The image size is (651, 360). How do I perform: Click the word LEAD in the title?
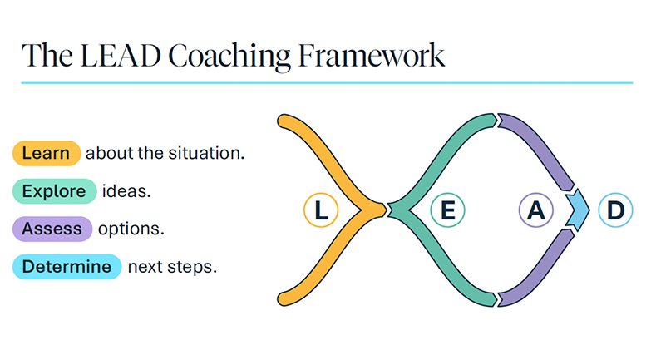[121, 56]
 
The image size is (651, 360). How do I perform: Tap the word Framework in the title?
[372, 56]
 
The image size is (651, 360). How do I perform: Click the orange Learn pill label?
[46, 154]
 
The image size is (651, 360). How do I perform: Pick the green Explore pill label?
[54, 191]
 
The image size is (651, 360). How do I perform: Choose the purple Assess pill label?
[52, 229]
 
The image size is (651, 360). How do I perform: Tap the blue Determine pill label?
[67, 267]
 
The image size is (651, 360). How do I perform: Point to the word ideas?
[126, 191]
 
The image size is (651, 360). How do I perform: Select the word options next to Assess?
[131, 229]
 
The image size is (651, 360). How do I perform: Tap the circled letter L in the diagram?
[321, 210]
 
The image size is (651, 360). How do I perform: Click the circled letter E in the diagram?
[447, 210]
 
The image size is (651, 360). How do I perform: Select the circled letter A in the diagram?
[536, 210]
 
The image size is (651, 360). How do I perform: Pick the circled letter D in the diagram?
[616, 210]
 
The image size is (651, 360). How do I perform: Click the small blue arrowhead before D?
[579, 210]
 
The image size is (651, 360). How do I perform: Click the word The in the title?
[47, 56]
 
